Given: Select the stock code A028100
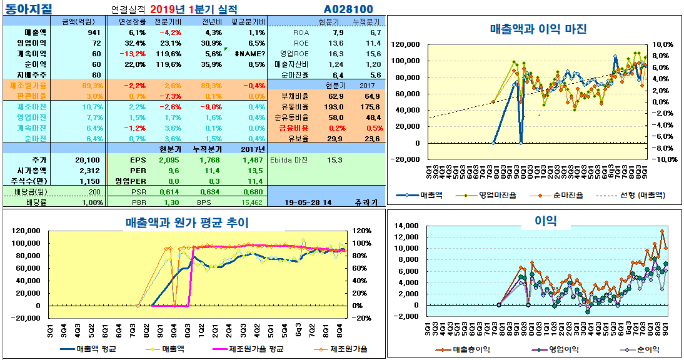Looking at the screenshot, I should click(x=348, y=9).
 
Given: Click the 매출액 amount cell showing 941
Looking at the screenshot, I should click(x=94, y=32).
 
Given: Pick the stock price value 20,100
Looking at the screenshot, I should click(x=88, y=160).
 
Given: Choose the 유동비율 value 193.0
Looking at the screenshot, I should click(x=335, y=107).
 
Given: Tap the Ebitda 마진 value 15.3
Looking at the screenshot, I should click(x=334, y=160).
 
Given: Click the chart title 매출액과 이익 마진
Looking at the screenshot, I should click(x=538, y=29).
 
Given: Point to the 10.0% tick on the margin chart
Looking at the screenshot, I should click(x=662, y=44).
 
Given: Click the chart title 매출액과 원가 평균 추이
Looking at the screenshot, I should click(x=187, y=222).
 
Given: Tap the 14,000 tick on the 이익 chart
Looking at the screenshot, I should click(x=410, y=226).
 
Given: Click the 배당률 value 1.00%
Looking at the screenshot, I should click(x=91, y=202).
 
